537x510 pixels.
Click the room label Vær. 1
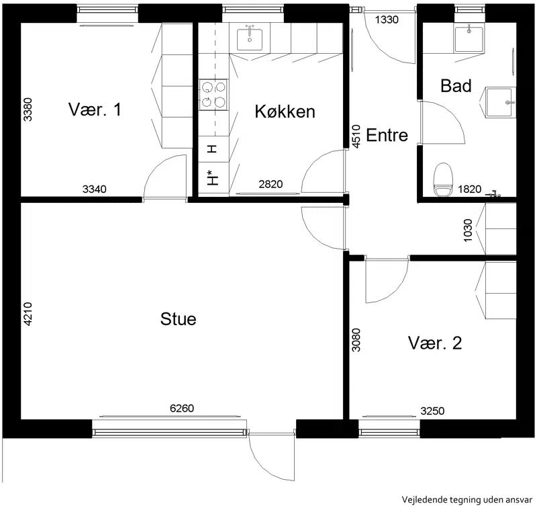(x=95, y=110)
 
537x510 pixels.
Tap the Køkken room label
(x=285, y=112)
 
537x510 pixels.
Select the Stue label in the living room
(x=178, y=319)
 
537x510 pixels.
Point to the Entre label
(x=387, y=135)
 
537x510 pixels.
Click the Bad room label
(x=456, y=86)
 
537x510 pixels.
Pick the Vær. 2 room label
(x=435, y=343)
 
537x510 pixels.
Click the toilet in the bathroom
(x=443, y=180)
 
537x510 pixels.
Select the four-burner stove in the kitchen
(x=213, y=95)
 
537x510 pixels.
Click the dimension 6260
(x=182, y=409)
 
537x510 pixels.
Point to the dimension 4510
(x=356, y=136)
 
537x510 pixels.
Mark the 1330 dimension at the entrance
(x=387, y=20)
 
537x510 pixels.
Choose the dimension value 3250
(x=432, y=411)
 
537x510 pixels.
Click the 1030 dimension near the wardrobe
(x=468, y=230)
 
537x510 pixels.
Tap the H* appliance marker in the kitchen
(x=213, y=177)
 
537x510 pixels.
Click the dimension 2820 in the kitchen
(x=271, y=184)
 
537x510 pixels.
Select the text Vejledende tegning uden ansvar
(x=467, y=500)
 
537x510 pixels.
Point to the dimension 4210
(x=28, y=314)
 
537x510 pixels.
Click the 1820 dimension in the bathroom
(x=469, y=189)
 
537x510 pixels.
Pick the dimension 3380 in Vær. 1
(x=28, y=110)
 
